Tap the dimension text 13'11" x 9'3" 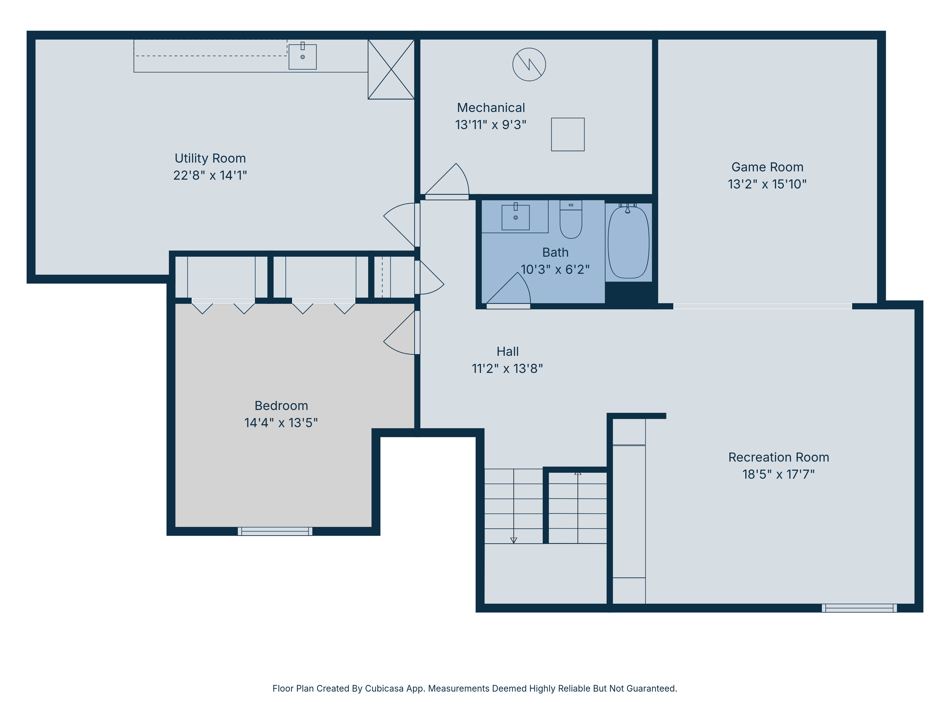pos(490,125)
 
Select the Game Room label pos(767,167)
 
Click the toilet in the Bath pos(571,220)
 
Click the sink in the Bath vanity pos(515,217)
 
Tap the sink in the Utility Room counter pos(302,57)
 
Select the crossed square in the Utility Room pos(391,69)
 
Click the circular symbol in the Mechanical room pos(529,64)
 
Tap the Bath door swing pos(511,290)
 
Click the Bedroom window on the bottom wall pos(275,531)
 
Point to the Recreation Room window pos(859,608)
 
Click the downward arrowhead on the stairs pos(514,540)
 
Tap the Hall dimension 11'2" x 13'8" pos(507,368)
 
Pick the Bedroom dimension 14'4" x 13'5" pos(281,423)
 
